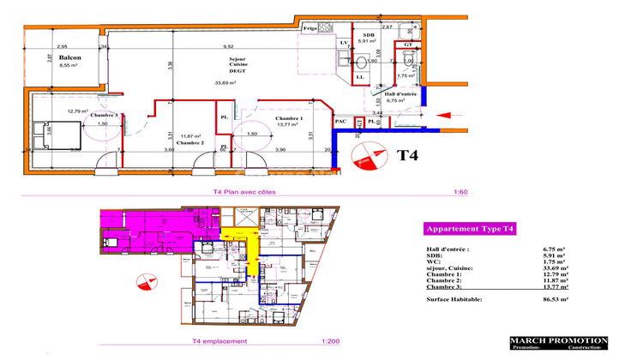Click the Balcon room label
pos(69,58)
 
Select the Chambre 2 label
pos(190,142)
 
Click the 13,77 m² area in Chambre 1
pos(289,124)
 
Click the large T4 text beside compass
pos(411,155)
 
